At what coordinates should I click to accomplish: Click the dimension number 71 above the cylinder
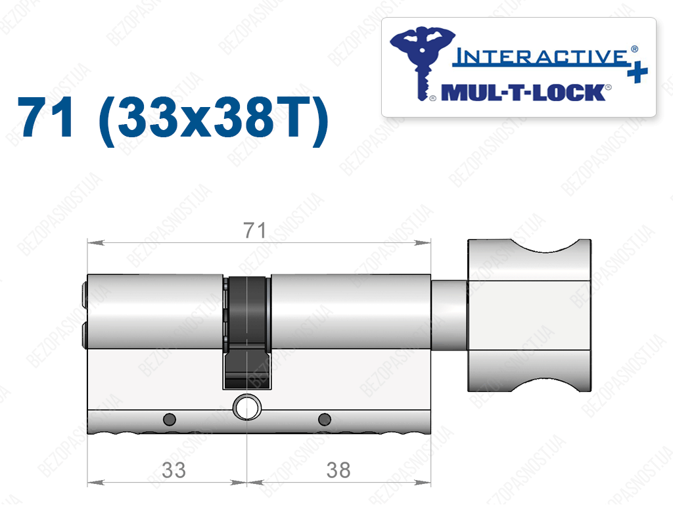click(254, 231)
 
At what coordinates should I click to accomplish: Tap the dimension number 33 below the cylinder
click(174, 470)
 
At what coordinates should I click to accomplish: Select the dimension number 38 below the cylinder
click(338, 470)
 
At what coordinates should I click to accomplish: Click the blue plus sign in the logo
click(638, 72)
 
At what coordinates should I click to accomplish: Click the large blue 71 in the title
click(45, 117)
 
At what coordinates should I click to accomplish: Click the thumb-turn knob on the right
click(529, 315)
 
